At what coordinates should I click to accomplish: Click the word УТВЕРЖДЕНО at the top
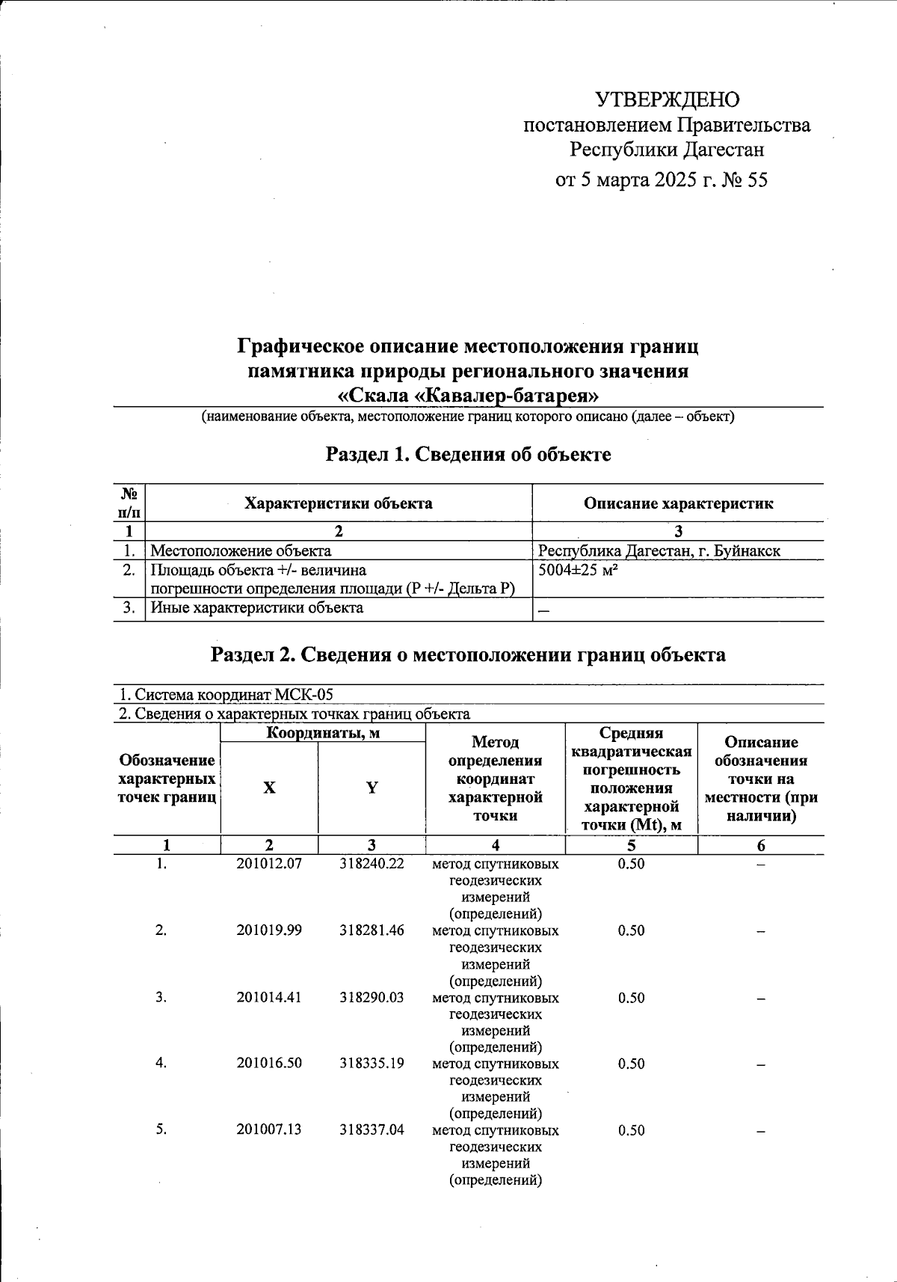(667, 99)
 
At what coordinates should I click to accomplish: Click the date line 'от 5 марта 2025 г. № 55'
(661, 180)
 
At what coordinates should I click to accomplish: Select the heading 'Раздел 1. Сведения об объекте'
(468, 454)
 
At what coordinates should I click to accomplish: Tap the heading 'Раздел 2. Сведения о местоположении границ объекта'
(468, 654)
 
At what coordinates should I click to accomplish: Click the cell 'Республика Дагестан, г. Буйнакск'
(659, 551)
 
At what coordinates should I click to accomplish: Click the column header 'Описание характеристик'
(678, 503)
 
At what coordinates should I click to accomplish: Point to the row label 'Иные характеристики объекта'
(257, 608)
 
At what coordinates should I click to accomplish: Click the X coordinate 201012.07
(269, 864)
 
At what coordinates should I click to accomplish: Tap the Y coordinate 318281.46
(372, 930)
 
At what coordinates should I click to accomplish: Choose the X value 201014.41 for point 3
(269, 997)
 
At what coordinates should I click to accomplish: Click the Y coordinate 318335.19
(372, 1063)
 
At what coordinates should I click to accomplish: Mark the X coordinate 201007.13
(269, 1129)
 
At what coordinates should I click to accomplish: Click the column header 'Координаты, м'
(323, 733)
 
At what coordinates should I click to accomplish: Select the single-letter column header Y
(372, 788)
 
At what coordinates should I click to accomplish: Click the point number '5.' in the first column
(161, 1129)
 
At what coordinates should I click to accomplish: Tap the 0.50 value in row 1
(631, 864)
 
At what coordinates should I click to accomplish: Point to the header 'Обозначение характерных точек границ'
(167, 779)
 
